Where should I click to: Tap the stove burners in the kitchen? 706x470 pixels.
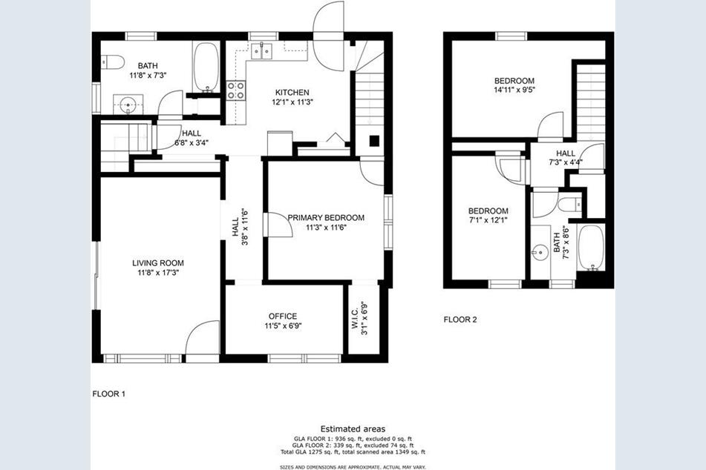click(236, 90)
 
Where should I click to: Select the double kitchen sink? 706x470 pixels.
click(260, 51)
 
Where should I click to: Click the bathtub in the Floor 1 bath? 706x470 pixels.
click(206, 67)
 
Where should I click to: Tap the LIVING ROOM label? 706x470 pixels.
click(157, 262)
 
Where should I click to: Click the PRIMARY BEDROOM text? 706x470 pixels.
click(326, 217)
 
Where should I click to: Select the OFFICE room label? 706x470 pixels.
click(282, 316)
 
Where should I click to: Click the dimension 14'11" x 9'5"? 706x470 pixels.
click(514, 90)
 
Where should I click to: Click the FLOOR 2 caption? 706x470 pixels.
click(460, 320)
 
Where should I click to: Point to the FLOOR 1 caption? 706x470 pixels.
click(108, 394)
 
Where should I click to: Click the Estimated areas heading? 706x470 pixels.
click(353, 429)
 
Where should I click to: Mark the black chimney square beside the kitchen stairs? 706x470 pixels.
click(376, 140)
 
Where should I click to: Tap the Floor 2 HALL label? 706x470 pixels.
click(566, 153)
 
